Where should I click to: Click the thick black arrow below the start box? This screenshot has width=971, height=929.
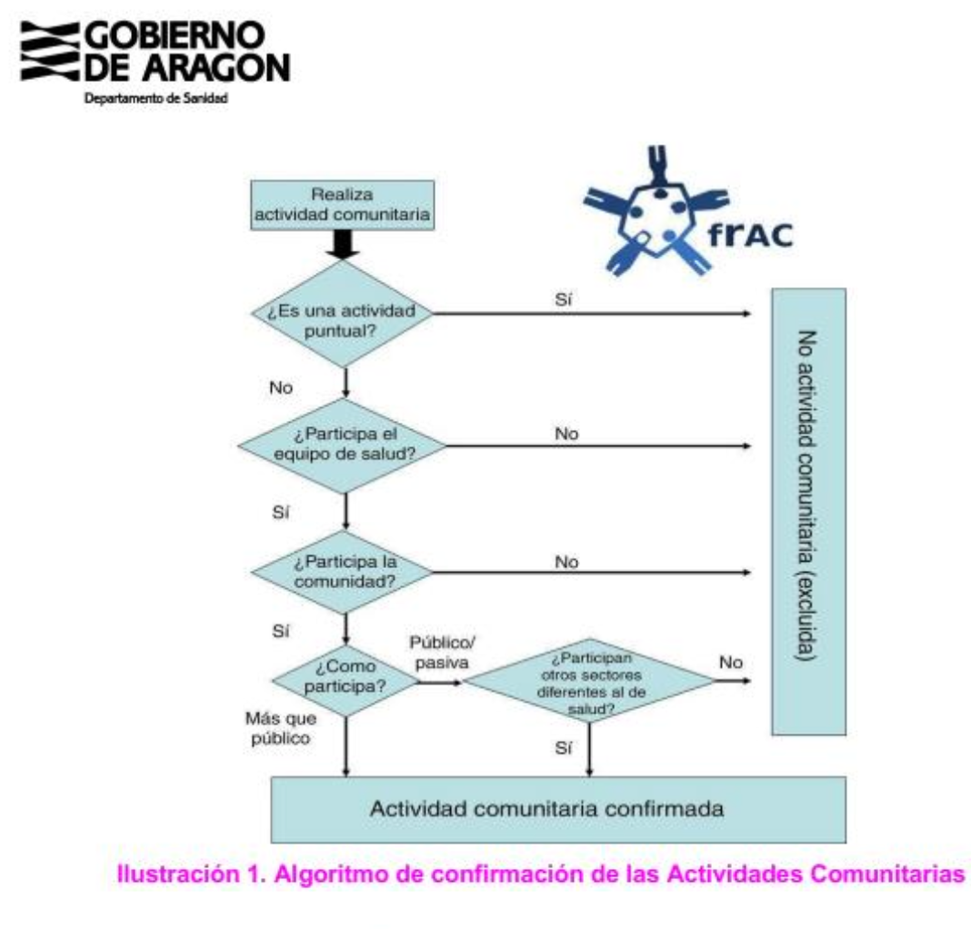[x=345, y=243]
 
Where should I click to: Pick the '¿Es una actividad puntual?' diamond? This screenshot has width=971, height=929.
[x=344, y=315]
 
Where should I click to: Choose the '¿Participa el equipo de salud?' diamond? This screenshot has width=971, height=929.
[x=344, y=446]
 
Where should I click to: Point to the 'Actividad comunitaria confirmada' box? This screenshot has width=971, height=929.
[x=558, y=808]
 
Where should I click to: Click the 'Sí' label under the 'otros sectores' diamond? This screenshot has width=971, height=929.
[x=563, y=747]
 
